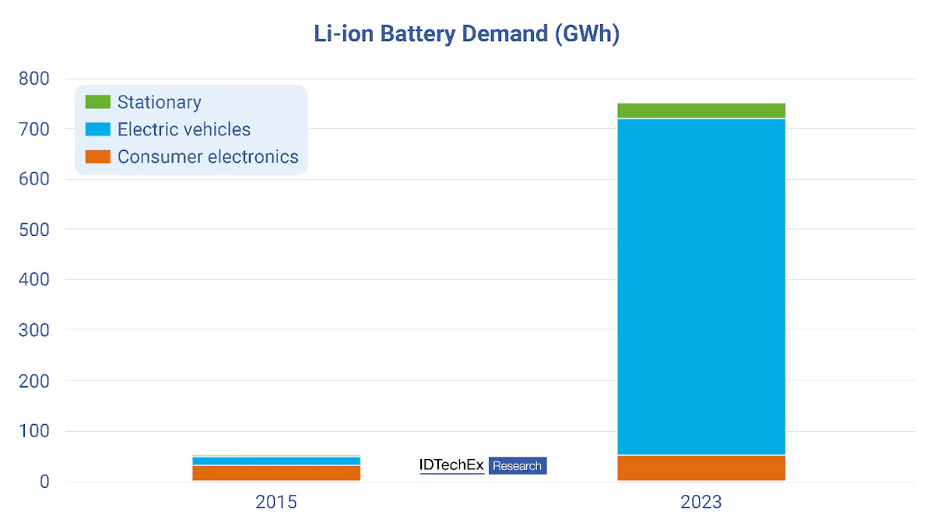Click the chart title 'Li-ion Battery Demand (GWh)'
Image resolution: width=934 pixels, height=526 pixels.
[x=466, y=34]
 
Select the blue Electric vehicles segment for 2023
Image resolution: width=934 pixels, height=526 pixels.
[x=700, y=286]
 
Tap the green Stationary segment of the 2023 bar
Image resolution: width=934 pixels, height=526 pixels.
[x=700, y=110]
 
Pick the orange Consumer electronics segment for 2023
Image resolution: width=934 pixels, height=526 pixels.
[x=700, y=468]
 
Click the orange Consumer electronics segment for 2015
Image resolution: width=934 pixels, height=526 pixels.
[x=276, y=473]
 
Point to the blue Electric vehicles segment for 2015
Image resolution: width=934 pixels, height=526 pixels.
[x=276, y=461]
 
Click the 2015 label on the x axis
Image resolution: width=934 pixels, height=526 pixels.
[x=276, y=502]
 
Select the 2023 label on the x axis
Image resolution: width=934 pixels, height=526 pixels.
[x=700, y=502]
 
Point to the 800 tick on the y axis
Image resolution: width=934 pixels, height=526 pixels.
[x=33, y=79]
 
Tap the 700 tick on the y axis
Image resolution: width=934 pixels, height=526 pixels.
[x=33, y=129]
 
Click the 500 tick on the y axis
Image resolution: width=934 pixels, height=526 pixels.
[x=33, y=230]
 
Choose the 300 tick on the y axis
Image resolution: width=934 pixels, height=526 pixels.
[x=33, y=330]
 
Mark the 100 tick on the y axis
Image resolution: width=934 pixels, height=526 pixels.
[x=33, y=431]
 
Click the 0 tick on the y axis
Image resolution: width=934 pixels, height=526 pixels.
[x=44, y=482]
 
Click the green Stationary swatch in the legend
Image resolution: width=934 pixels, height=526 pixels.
[x=97, y=102]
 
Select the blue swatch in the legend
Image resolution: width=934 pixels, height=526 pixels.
[x=97, y=129]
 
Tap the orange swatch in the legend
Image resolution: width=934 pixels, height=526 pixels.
[x=97, y=156]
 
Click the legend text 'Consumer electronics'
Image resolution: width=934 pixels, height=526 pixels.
[x=208, y=156]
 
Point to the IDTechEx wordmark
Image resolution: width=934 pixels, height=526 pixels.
[x=451, y=465]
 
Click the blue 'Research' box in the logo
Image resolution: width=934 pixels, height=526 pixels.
[x=518, y=465]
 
